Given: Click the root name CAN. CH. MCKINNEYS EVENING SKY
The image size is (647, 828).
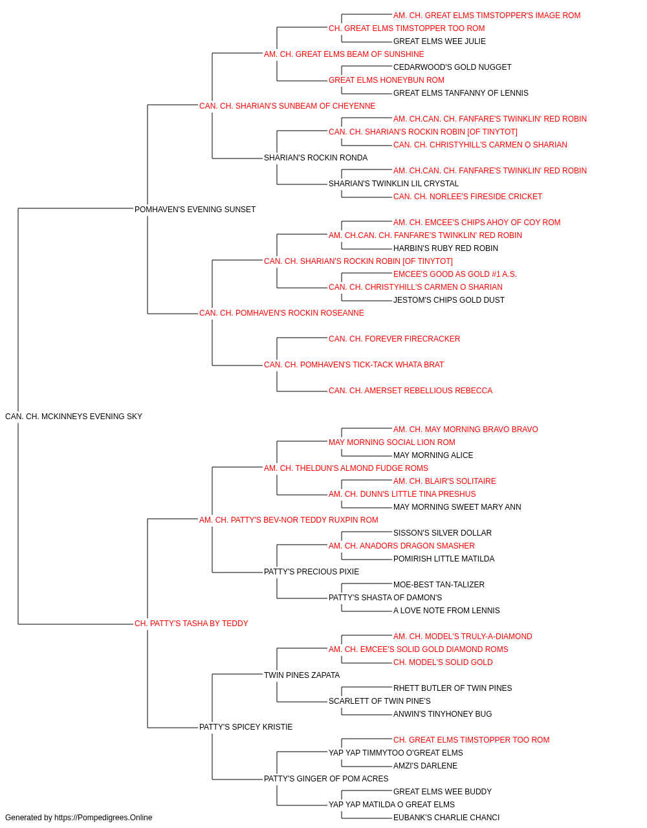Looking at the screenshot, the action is [74, 417].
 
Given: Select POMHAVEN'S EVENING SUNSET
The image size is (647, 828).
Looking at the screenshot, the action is [195, 210].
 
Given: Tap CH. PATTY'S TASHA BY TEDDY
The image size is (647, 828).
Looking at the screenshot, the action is [192, 624].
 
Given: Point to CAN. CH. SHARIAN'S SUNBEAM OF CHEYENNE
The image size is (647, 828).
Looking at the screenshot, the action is [287, 106].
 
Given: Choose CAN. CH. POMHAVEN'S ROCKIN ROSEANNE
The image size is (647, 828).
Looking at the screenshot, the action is [281, 313].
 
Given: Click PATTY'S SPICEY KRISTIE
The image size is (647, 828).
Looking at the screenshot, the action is [246, 727].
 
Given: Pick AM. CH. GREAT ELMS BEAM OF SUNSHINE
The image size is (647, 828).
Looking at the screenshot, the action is [344, 54].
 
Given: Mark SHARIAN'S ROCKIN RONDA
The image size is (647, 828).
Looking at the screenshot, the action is [316, 158].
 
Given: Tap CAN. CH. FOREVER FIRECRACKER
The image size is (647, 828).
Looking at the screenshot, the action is [394, 339].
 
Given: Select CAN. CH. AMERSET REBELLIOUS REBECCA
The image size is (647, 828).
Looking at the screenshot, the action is [410, 391].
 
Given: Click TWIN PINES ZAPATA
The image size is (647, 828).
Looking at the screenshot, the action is [302, 675].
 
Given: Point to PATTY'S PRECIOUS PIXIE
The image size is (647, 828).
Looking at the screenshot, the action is [311, 572].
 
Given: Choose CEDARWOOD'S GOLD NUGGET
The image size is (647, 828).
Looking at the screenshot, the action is [452, 67].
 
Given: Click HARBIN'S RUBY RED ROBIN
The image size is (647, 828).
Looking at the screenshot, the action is [445, 248].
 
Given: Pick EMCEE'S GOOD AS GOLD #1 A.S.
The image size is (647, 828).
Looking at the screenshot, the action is [455, 274].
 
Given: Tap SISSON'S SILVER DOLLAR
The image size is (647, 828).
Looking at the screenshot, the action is [443, 532].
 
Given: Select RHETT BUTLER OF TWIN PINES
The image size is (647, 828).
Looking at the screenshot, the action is [452, 688].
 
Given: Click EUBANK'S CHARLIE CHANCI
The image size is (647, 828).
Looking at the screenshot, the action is [446, 818].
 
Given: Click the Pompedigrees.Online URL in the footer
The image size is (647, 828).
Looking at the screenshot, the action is [103, 818].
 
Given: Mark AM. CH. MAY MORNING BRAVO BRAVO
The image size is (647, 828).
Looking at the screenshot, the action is [465, 430].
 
